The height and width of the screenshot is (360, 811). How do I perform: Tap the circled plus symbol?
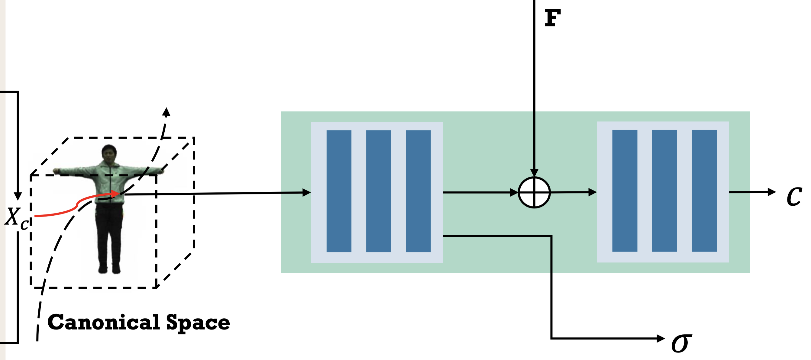click(x=534, y=192)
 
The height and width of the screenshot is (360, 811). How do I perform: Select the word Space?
click(x=198, y=323)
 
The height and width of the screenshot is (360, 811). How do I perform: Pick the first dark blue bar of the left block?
click(x=339, y=191)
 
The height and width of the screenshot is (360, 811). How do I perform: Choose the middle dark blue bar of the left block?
click(x=378, y=191)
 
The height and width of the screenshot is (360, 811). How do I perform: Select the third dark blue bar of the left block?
click(x=418, y=191)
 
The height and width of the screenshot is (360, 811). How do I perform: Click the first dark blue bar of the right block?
click(x=625, y=191)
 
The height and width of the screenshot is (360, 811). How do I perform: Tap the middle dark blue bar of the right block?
click(x=664, y=191)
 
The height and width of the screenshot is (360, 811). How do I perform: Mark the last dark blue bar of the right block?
click(x=704, y=191)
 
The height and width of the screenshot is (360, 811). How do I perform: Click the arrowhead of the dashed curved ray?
click(x=166, y=112)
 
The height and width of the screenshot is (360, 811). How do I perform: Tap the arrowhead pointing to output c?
click(x=772, y=192)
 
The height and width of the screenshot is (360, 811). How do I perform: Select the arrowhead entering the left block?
click(x=306, y=193)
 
